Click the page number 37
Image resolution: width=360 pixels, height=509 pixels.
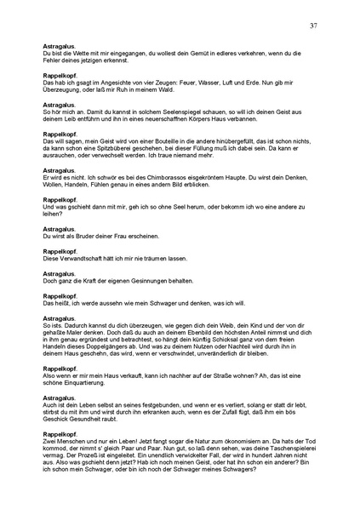(313, 26)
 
